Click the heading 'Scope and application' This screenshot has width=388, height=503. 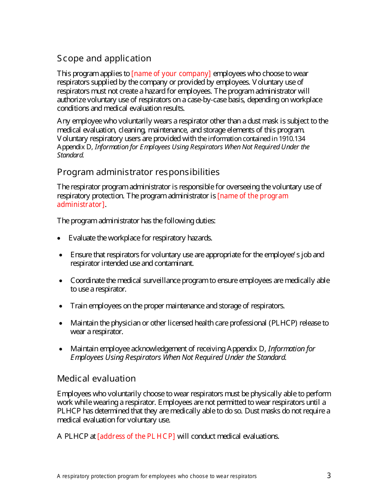(x=104, y=58)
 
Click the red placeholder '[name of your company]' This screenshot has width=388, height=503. (x=171, y=74)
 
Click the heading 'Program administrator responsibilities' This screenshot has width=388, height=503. (x=138, y=172)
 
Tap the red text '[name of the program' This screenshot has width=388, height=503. (x=253, y=196)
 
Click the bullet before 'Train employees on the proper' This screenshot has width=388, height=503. (x=61, y=306)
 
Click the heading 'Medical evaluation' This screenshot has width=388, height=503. (x=96, y=379)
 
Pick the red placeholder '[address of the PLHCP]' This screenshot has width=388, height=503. (x=136, y=436)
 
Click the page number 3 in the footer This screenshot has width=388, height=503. (x=329, y=476)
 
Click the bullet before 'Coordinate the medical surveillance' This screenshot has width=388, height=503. (x=61, y=281)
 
